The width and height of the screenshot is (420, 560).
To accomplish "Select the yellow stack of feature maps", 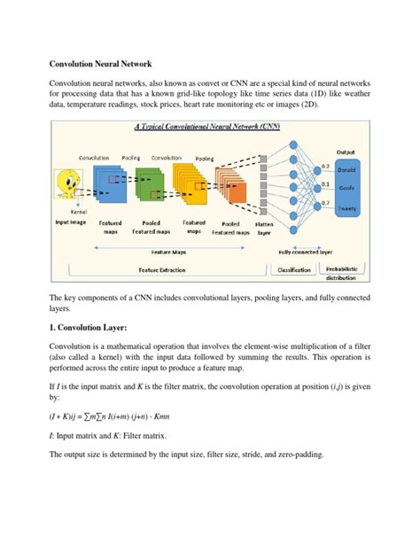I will [x=189, y=183].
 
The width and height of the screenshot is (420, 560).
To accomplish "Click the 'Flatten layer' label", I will [x=264, y=229].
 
